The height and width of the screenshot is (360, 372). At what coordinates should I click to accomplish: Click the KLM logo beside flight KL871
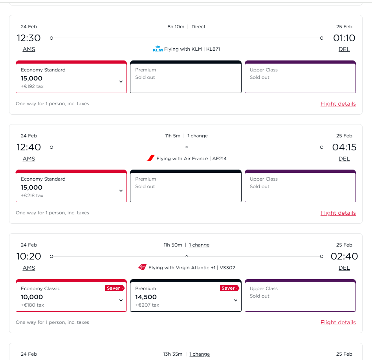tap(158, 49)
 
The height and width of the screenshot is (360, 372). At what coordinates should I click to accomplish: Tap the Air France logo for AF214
tap(151, 158)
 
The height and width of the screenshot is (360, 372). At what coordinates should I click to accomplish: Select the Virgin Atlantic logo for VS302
tap(142, 267)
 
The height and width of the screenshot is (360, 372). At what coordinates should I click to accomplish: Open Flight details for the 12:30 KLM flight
tap(338, 104)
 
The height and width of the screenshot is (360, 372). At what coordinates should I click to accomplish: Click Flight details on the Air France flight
tap(338, 213)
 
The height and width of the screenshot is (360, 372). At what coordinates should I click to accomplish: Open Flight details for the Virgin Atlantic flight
tap(338, 322)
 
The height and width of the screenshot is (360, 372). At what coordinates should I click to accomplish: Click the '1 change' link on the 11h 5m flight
tap(197, 136)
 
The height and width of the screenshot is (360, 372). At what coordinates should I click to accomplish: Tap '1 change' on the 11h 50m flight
tap(199, 245)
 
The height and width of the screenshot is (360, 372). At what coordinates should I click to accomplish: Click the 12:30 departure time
tap(29, 38)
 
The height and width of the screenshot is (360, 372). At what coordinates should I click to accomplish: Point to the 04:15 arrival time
tap(344, 147)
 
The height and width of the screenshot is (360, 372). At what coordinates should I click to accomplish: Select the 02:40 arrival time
tap(344, 256)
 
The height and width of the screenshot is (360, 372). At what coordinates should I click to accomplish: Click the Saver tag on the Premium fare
tap(229, 288)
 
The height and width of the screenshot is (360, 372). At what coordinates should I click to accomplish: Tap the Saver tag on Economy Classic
tap(114, 288)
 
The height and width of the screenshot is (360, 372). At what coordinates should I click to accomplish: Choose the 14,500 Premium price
tap(146, 297)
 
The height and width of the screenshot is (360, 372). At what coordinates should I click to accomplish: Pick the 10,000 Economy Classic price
tap(32, 297)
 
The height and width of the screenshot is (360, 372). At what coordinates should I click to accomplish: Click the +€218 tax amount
tap(32, 196)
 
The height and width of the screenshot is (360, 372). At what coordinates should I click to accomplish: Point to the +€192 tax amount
tap(32, 86)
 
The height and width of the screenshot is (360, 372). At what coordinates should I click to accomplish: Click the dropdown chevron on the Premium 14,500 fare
tap(236, 300)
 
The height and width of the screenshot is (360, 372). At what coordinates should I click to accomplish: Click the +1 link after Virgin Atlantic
tap(213, 268)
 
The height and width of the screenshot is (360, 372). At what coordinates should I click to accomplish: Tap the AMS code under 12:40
tap(29, 159)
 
